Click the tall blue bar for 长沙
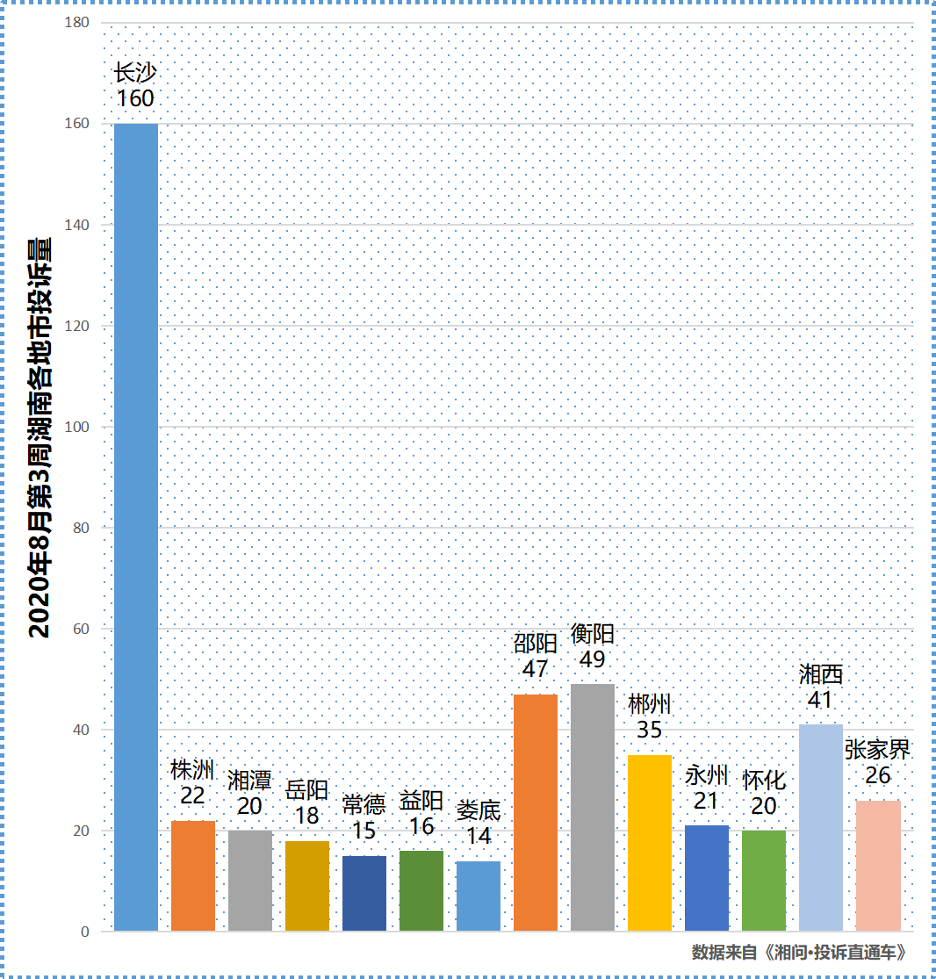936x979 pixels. point(136,527)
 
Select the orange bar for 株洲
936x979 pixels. point(193,875)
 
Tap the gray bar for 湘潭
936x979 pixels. point(250,881)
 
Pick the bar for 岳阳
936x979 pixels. point(307,886)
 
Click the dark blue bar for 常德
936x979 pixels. point(364,893)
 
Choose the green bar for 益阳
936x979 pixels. point(421,890)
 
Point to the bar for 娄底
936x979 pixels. point(479,896)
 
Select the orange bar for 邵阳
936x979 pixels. point(536,812)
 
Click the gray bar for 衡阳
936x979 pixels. point(593,807)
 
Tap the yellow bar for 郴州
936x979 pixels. point(650,843)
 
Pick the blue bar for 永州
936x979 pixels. point(707,878)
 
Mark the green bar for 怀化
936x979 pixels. point(764,881)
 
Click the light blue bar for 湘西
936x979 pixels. point(821,827)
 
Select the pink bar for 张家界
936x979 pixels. point(878,865)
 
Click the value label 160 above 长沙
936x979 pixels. point(136,98)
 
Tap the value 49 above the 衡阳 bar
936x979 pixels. point(593,659)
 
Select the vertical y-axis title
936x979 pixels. point(39,439)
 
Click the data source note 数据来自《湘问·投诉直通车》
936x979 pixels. point(798,952)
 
